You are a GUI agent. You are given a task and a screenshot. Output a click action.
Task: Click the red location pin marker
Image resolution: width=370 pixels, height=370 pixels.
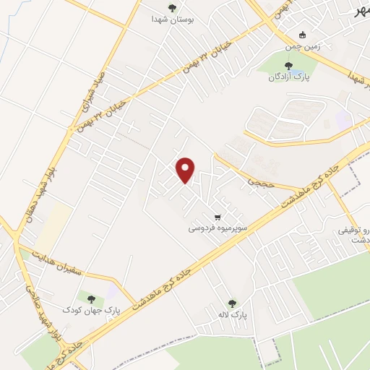point(186,169)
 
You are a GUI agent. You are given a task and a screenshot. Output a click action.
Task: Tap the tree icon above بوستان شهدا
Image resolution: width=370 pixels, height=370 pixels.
point(171,8)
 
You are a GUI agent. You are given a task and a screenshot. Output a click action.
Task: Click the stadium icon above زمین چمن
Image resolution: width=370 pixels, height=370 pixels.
point(303,35)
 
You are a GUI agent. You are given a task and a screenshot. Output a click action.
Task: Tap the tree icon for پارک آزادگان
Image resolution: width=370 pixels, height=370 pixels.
point(288,66)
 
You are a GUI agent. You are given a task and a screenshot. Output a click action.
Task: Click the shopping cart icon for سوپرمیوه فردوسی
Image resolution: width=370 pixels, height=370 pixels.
point(217,217)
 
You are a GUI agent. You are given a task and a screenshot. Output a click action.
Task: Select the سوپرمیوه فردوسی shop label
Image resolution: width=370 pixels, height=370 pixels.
point(218,228)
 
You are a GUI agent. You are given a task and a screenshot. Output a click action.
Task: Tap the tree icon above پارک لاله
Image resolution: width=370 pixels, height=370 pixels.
point(231,304)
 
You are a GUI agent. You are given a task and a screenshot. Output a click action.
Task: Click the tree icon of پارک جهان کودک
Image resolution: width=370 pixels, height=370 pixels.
point(90,298)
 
